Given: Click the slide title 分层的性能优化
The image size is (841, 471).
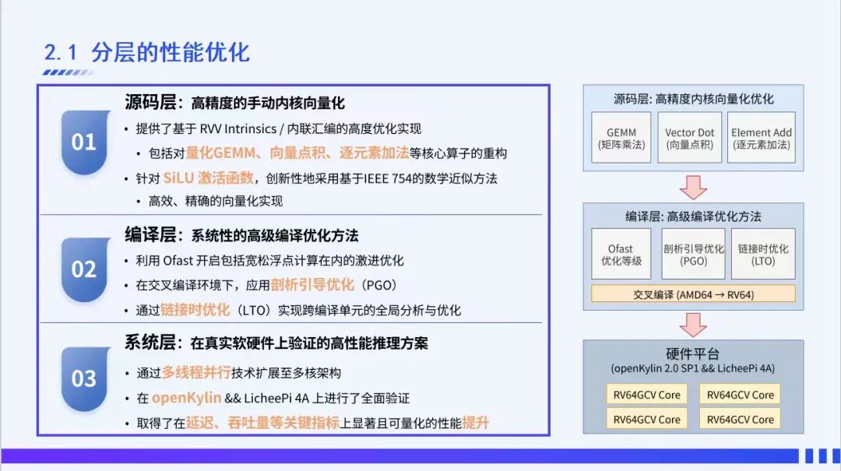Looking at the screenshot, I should pos(170,52).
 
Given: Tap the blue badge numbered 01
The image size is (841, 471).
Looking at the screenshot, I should pos(84,142).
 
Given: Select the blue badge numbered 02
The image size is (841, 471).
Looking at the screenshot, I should pos(84,269).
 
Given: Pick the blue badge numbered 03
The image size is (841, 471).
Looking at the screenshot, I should pos(84,379).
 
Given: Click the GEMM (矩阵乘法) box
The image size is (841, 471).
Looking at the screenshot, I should pos(621,138).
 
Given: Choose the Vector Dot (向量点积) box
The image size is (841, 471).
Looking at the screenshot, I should pos(689,138).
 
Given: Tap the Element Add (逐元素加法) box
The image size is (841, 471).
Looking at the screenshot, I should pos(761,138).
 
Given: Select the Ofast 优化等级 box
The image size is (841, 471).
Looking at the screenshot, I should pos(621,255).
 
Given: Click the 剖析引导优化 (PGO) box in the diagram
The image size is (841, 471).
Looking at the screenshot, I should pos(693,255).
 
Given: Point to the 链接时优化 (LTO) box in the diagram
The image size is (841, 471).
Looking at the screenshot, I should pos(763,255).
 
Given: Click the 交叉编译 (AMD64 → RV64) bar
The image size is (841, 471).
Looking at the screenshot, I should pos(693,294).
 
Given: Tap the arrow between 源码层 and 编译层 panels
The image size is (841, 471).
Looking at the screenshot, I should pos(693,187).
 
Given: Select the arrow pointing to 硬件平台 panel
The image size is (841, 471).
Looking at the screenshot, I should pos(693,323).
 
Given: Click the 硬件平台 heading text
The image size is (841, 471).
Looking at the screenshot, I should pos(692,353).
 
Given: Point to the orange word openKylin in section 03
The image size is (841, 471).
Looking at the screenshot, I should pos(186,399).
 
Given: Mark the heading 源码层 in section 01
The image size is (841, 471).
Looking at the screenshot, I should pos(151,103).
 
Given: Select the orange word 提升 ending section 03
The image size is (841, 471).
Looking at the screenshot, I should pos(475,424).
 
